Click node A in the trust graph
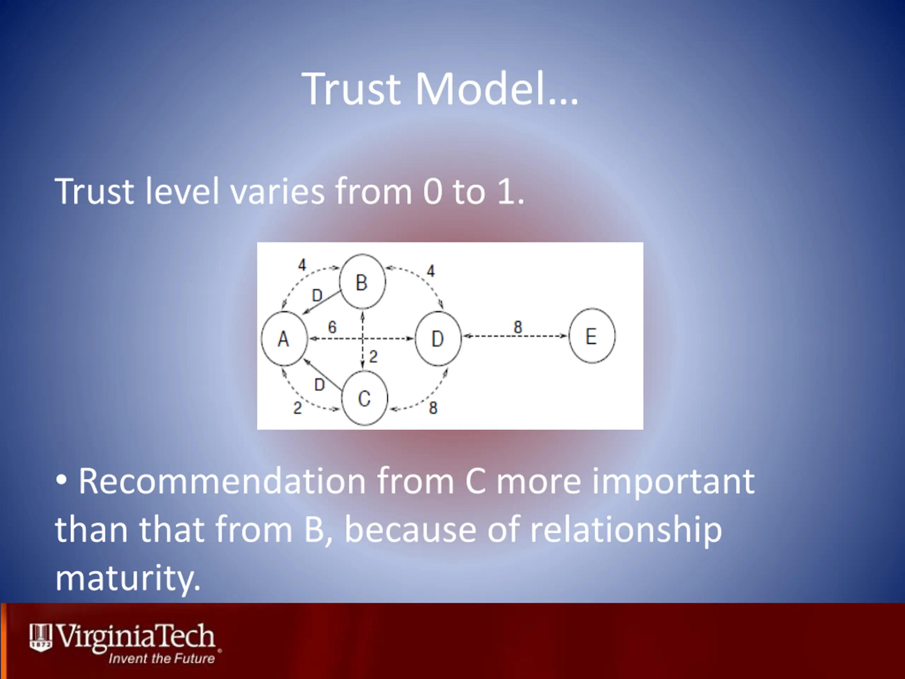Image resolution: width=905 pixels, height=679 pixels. (x=284, y=338)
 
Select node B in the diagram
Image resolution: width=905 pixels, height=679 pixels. (x=362, y=282)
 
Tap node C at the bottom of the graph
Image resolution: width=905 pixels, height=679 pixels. (x=364, y=398)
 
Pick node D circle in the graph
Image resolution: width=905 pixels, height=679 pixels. (x=438, y=338)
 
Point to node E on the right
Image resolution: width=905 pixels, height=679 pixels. (x=591, y=336)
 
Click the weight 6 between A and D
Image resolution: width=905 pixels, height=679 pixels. (x=332, y=327)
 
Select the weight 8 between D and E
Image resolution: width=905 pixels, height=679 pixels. (x=518, y=327)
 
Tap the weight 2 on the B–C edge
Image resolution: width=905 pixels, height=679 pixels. (x=373, y=357)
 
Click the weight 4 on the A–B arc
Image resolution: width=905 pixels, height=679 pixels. (x=302, y=265)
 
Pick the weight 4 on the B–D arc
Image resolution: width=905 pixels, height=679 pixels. (x=431, y=271)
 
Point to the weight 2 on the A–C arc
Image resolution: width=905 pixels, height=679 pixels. (x=297, y=408)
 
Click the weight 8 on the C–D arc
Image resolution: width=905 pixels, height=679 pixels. (x=433, y=408)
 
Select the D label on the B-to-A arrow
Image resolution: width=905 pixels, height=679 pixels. (x=317, y=295)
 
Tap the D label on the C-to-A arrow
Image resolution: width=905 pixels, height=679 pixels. (x=320, y=385)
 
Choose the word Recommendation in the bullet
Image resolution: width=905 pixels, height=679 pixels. (x=222, y=481)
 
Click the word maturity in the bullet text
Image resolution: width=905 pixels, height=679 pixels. (x=128, y=579)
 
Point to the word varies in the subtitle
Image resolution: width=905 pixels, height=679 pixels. (x=278, y=191)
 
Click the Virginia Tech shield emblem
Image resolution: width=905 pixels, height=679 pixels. (x=41, y=638)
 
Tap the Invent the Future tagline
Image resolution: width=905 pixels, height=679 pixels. (x=162, y=658)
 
